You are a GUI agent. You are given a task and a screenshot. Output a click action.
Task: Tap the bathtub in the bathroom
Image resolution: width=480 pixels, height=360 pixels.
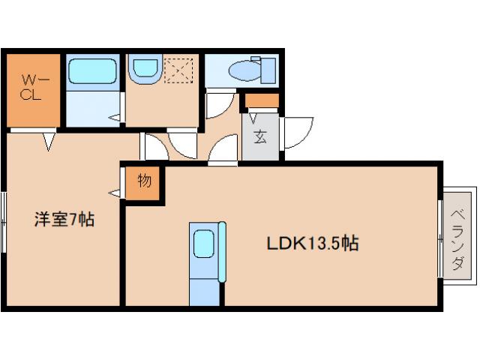click(92, 71)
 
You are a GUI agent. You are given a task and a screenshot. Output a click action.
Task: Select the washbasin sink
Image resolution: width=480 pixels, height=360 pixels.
click(145, 68)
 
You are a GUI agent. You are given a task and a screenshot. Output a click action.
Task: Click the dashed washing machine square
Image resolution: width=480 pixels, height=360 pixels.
click(178, 70)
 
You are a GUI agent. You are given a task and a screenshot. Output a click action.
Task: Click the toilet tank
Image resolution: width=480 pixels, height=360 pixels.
click(268, 70)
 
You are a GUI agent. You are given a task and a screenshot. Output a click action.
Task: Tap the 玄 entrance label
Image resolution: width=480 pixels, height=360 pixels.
click(260, 136)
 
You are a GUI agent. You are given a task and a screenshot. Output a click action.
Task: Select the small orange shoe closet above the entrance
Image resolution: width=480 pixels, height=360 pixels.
click(262, 100)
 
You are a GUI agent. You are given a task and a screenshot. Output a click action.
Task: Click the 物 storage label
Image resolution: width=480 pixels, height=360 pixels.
click(145, 180)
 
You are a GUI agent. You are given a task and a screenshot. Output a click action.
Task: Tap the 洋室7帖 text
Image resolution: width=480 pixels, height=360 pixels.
click(64, 219)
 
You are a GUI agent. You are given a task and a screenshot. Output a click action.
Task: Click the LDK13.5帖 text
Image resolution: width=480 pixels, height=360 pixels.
click(313, 244)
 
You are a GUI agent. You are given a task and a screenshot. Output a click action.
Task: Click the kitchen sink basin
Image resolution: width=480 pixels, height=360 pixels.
click(203, 244)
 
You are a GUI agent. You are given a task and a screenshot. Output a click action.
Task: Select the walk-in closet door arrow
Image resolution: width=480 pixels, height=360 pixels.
click(48, 142)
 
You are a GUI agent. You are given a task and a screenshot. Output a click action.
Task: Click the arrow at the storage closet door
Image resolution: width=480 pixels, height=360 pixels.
click(115, 193)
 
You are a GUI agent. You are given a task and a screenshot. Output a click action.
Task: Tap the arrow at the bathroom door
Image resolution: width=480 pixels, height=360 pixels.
click(114, 117)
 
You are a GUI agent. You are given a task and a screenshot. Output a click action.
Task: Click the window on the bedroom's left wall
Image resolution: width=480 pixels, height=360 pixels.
click(4, 222)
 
